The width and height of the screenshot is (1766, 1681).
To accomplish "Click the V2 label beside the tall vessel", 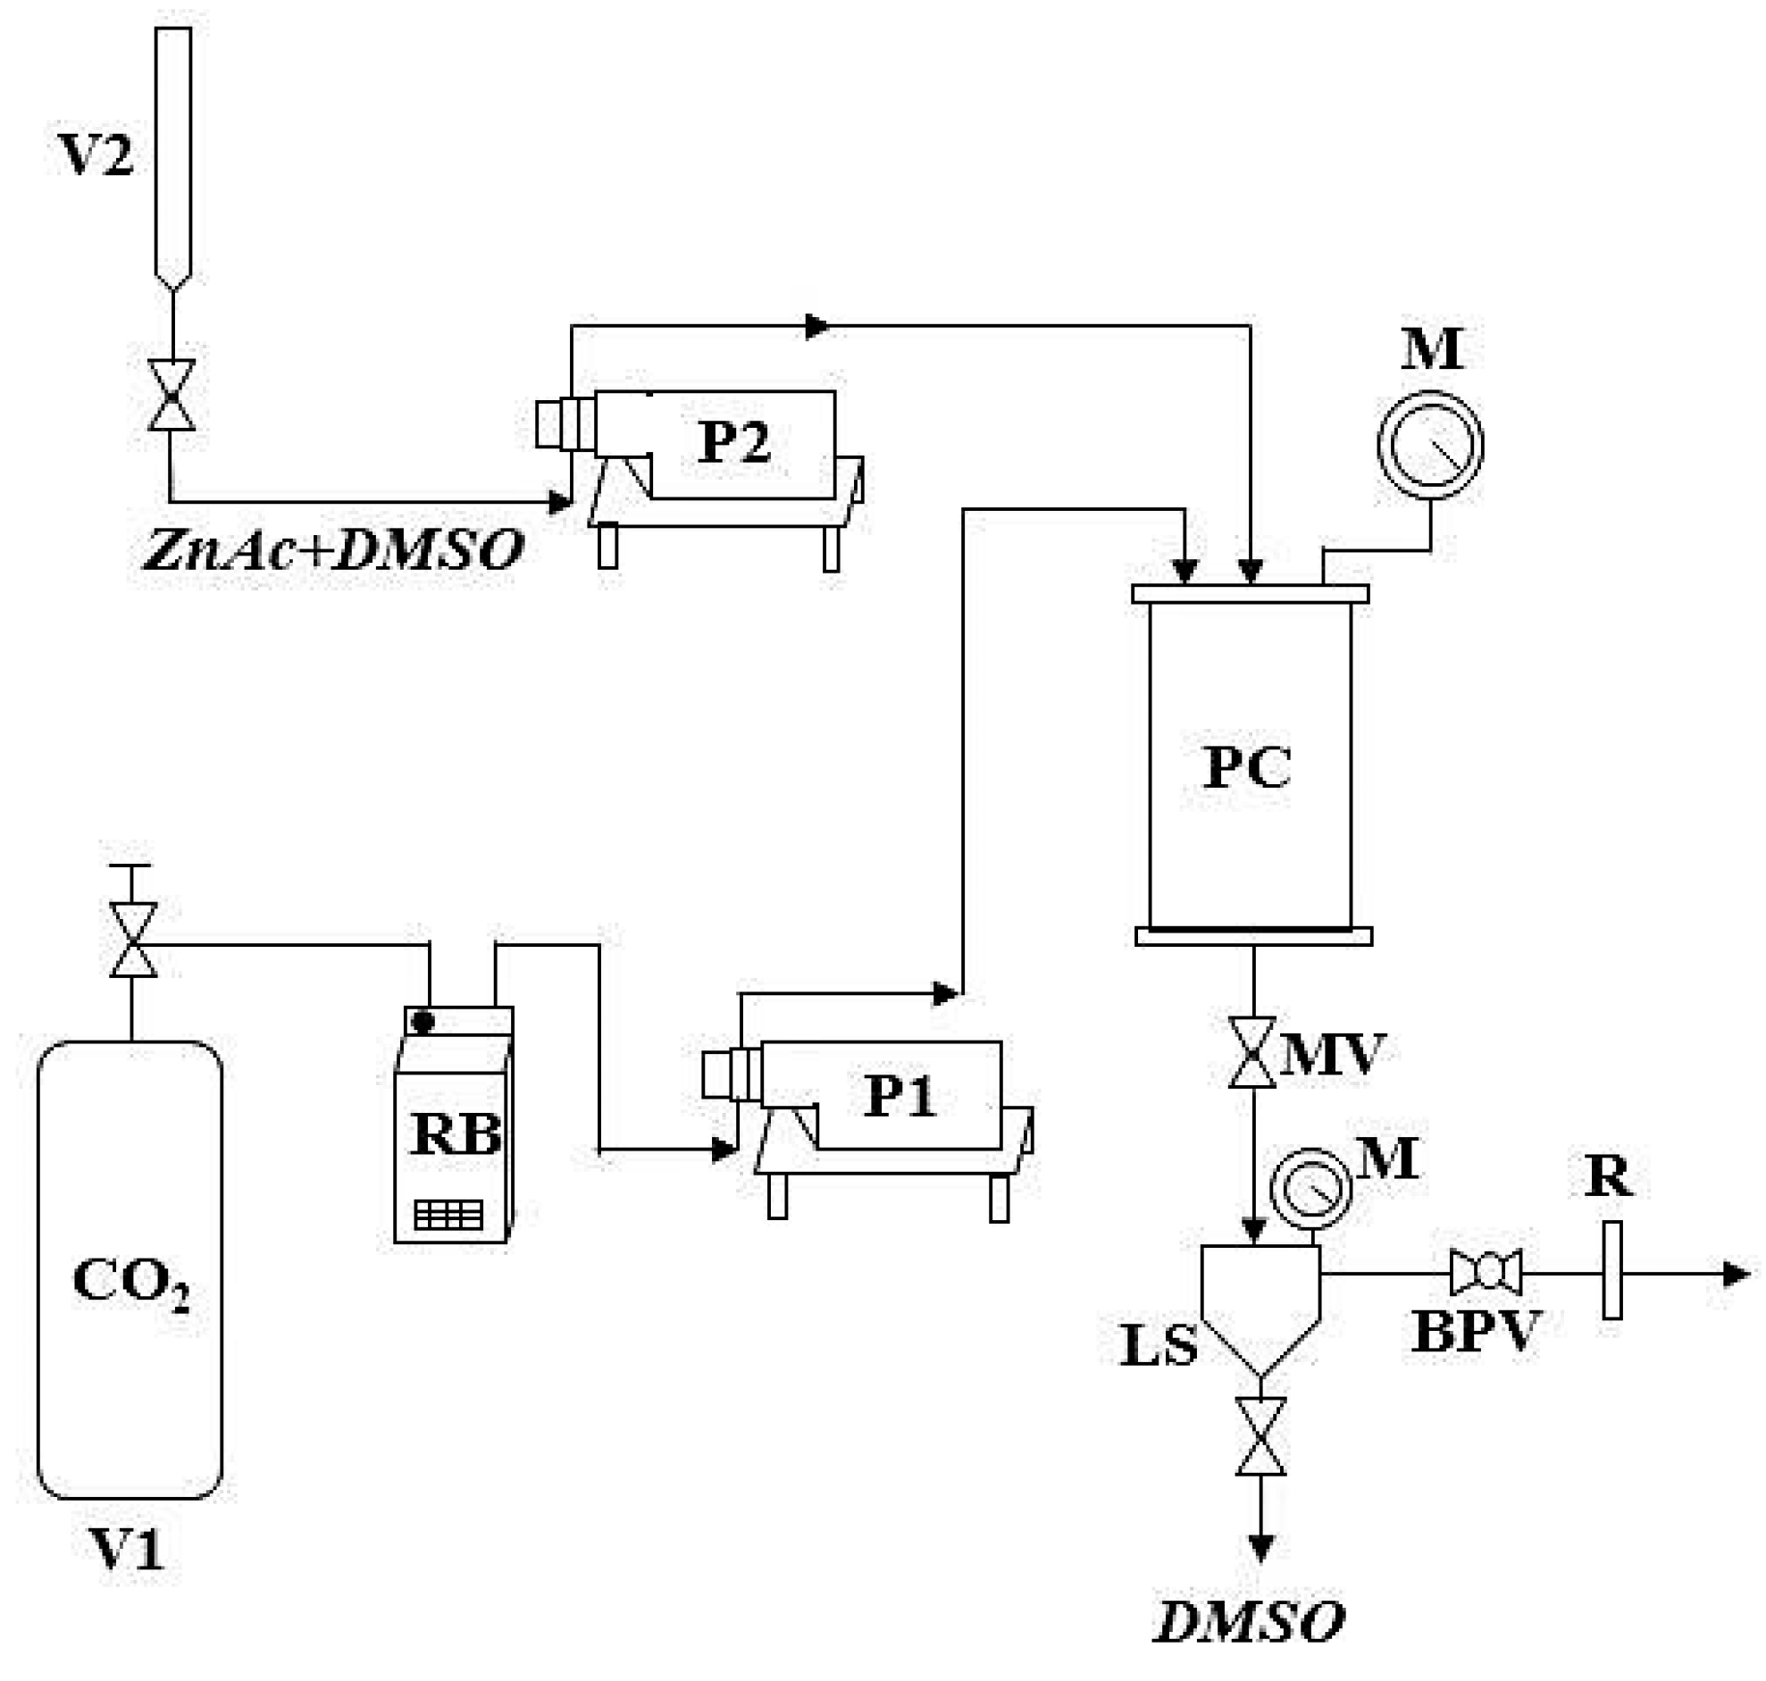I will click(96, 154).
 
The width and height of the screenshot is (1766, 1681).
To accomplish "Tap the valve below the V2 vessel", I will click(172, 395).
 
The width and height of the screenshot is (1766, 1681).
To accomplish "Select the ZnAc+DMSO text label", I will click(333, 549).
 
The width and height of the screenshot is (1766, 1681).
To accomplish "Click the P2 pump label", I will click(732, 442).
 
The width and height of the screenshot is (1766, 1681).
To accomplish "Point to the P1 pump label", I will click(899, 1094).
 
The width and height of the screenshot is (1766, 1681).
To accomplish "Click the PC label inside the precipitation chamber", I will click(1246, 766).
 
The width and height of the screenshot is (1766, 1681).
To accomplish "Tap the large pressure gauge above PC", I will click(1429, 445).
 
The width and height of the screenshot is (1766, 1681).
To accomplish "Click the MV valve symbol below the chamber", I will click(1251, 1053).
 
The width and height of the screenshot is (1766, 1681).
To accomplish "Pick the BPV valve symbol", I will click(1486, 1272).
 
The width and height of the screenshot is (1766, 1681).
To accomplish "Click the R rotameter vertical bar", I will click(1611, 1271).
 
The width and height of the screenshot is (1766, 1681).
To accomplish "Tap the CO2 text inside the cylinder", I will click(130, 1282).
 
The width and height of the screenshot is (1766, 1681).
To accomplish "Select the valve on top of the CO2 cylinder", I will click(132, 940).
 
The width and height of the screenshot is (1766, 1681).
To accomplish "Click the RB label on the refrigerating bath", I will click(456, 1134).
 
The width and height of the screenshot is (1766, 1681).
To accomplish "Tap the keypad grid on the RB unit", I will click(448, 1215).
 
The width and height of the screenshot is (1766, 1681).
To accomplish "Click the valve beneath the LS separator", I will click(1260, 1436).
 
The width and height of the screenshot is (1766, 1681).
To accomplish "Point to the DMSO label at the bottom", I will click(1251, 1621).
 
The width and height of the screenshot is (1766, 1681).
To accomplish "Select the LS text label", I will click(1158, 1345).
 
